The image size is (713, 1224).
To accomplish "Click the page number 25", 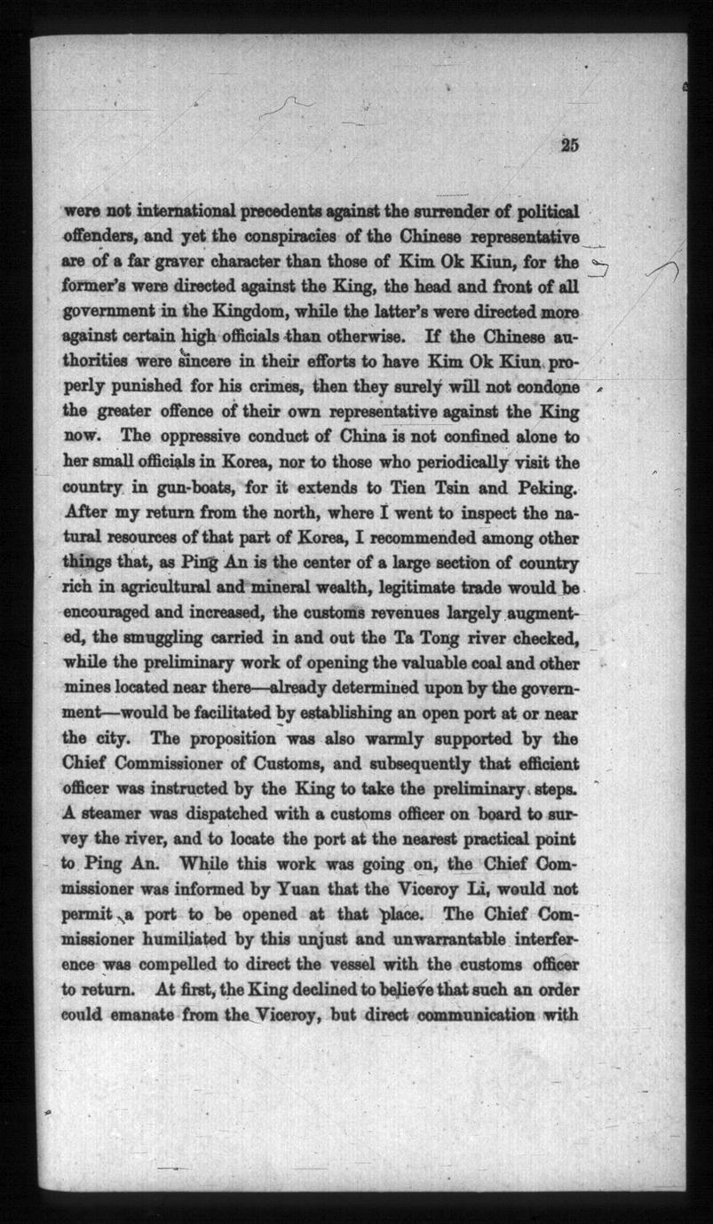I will pos(569,147).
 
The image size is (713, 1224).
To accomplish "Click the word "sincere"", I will pos(207,362).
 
